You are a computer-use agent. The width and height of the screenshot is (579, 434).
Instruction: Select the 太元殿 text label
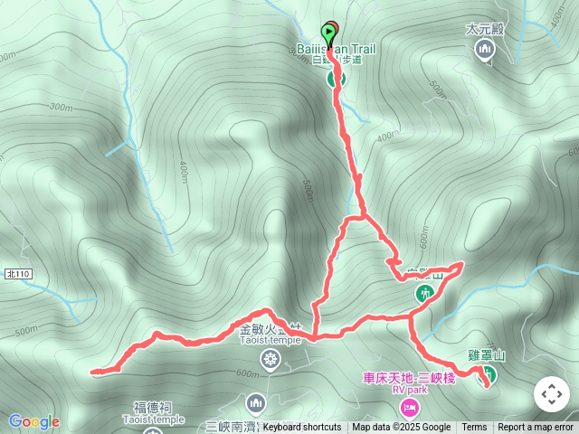[484, 29]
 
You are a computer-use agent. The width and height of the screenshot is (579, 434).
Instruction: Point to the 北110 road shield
[17, 273]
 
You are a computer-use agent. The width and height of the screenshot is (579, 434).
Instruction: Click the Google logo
[34, 421]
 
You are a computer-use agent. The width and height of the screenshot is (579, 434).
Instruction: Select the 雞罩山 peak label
[487, 356]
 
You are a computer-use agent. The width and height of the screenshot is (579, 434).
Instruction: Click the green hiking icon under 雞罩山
[488, 373]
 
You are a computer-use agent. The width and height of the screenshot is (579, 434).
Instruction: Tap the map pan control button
[551, 394]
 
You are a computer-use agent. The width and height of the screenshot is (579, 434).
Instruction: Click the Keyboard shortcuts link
[302, 428]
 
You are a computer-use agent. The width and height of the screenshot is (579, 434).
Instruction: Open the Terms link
[474, 428]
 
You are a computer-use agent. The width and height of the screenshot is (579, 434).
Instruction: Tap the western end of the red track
[94, 371]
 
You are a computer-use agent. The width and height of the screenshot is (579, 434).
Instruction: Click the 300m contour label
[61, 107]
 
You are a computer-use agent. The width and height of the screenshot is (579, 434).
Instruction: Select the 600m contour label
[246, 373]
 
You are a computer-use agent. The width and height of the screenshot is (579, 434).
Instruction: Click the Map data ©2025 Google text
[401, 428]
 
